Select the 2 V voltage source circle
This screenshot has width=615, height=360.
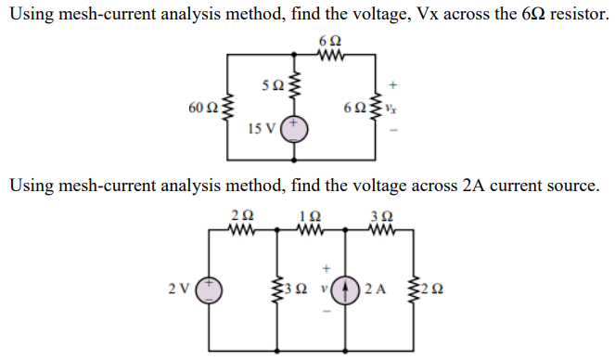tap(209, 289)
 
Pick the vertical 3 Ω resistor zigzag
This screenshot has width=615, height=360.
tap(280, 288)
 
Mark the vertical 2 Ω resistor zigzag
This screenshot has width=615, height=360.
tap(414, 288)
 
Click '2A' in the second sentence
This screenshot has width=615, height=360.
tap(473, 186)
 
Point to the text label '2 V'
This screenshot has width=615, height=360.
tap(177, 289)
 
